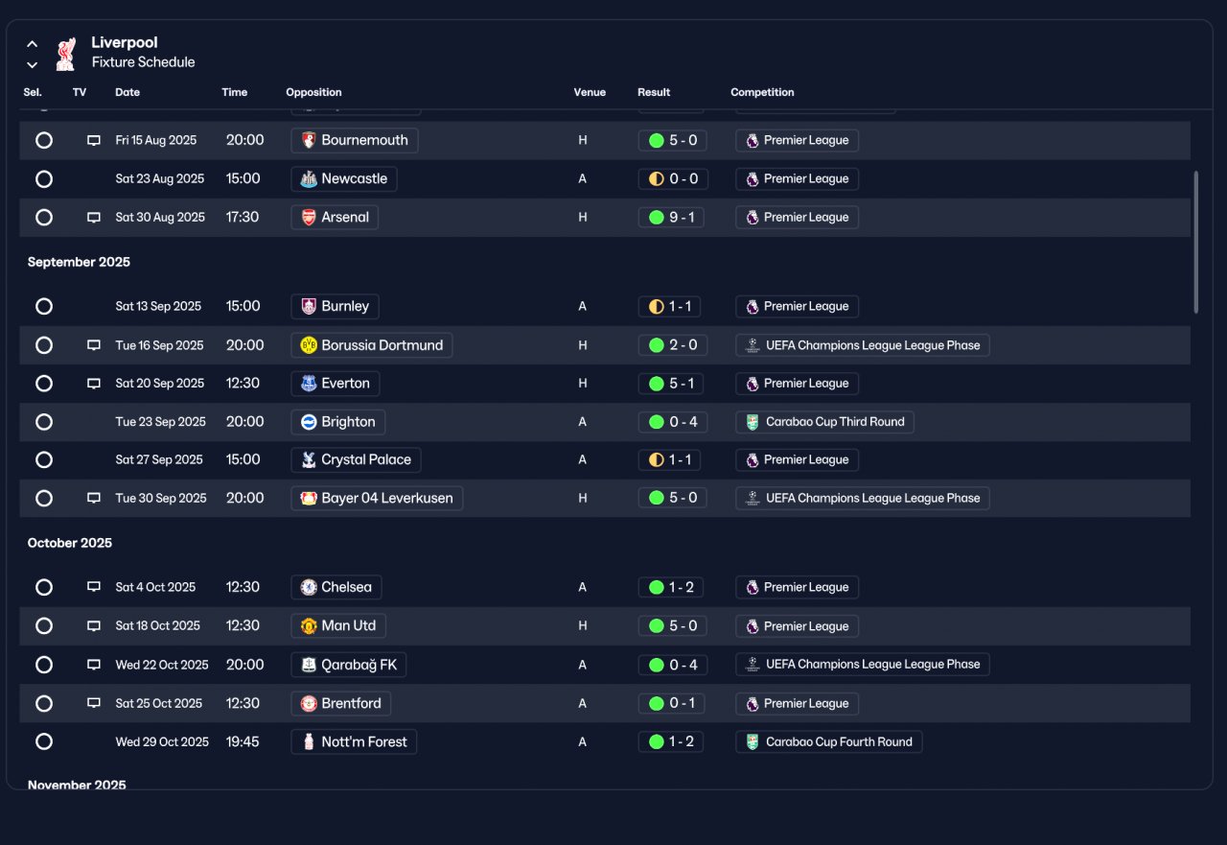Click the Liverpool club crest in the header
tap(66, 54)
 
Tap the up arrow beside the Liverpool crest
tap(33, 44)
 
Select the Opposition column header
tap(313, 92)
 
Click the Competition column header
tap(762, 92)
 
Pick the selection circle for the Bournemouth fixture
tap(44, 140)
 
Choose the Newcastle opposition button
tap(344, 178)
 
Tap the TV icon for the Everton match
tap(94, 383)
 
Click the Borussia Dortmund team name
tap(382, 345)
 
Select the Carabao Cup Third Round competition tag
tap(824, 422)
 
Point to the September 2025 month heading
tap(79, 262)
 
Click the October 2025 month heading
tap(70, 543)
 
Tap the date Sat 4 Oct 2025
tap(155, 587)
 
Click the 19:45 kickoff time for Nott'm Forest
tap(243, 741)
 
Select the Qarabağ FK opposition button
tap(348, 665)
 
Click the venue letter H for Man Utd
tap(582, 625)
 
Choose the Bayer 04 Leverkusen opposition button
tap(377, 498)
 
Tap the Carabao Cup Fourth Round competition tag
tap(829, 741)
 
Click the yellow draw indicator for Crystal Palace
tap(657, 459)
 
